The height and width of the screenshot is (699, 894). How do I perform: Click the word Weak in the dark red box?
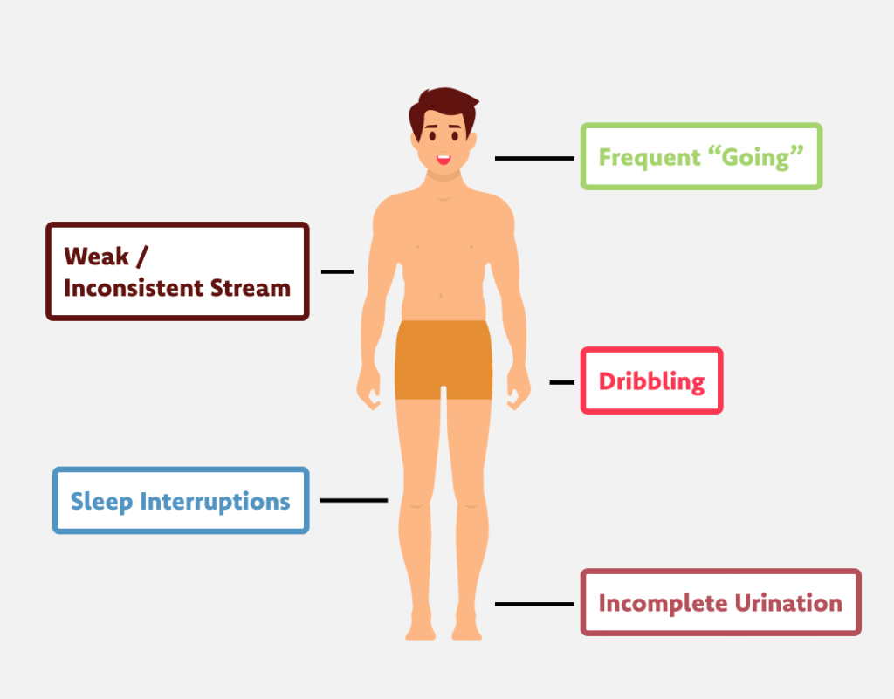point(96,257)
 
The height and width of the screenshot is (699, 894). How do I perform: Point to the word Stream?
point(251,288)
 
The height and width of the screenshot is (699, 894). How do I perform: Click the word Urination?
point(788,603)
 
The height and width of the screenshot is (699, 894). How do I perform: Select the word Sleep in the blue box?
point(101,502)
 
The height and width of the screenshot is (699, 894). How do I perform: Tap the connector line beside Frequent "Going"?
point(534,158)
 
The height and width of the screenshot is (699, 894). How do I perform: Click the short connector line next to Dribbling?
point(561,382)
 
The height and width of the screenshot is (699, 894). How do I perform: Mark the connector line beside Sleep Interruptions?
point(354,500)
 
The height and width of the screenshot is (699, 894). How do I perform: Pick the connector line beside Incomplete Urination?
point(534,604)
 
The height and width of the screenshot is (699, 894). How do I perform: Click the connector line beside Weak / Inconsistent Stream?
point(338,271)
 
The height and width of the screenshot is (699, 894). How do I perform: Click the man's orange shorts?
point(444,359)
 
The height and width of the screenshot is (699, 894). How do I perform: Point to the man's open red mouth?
point(444,158)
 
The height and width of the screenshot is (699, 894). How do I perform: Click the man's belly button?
point(441,295)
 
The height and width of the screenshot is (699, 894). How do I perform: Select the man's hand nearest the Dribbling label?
point(519,387)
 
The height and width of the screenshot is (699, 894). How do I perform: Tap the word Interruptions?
point(216,502)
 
